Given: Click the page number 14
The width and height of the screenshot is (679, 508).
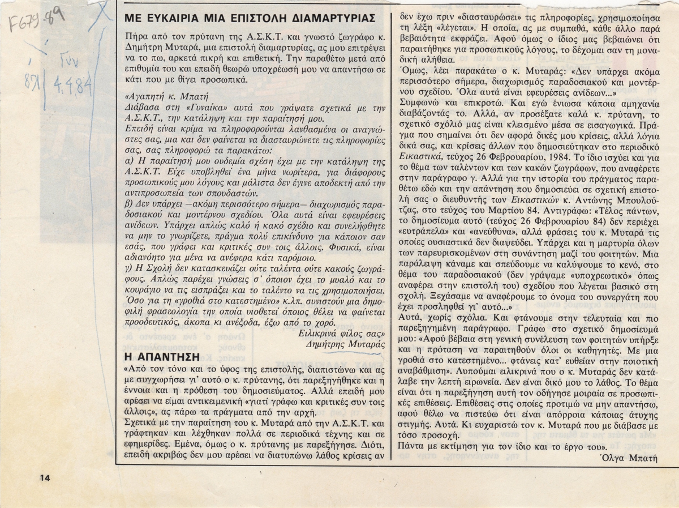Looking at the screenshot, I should coord(46,477).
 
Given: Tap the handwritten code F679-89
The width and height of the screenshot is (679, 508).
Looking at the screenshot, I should coord(31,23).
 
